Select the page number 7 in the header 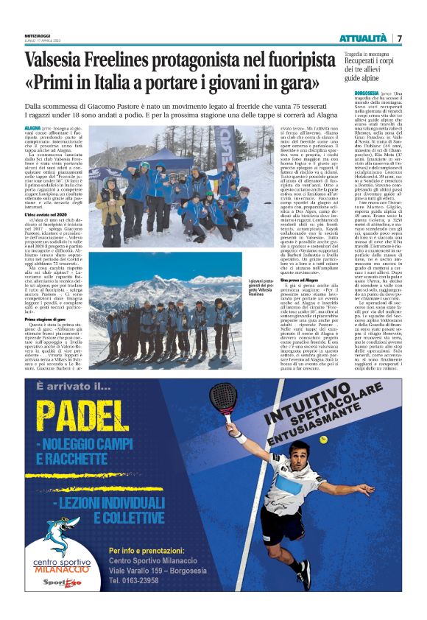[399, 38]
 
